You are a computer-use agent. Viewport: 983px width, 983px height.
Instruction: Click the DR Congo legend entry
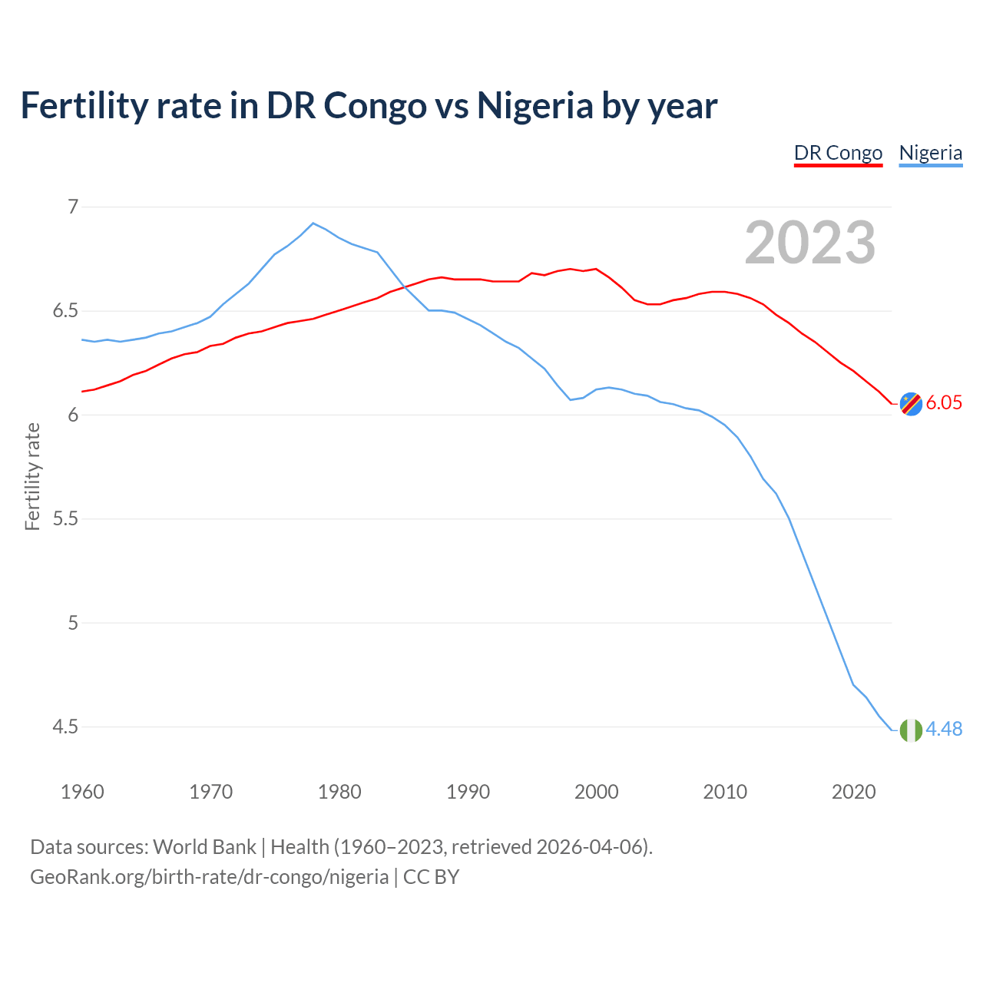click(838, 153)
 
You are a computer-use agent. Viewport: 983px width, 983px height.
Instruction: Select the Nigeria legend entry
click(930, 153)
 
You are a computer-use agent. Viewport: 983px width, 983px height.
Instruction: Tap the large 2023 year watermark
click(809, 243)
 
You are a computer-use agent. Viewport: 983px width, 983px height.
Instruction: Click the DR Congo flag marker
click(911, 403)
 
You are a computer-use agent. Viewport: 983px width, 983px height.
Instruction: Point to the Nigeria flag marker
click(911, 730)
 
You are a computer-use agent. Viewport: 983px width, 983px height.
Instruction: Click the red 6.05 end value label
click(944, 403)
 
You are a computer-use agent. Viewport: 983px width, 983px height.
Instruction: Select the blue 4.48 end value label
click(944, 730)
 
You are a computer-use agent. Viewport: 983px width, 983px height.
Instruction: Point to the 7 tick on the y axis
click(73, 207)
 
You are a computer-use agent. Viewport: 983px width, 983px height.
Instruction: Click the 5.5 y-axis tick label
click(65, 518)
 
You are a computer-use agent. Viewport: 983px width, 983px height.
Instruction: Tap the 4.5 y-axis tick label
click(65, 726)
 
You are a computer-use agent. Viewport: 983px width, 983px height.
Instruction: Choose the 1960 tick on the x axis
click(82, 792)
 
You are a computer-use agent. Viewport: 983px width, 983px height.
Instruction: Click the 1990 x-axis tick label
click(468, 792)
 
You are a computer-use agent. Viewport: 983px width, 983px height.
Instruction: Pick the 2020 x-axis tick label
click(853, 792)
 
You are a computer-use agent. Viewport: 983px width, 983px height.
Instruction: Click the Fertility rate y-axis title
click(32, 476)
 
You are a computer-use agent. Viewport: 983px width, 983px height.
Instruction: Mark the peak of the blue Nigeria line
click(313, 223)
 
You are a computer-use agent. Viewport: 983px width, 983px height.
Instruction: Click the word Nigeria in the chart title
click(535, 105)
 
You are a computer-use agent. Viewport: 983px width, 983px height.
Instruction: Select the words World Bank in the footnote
click(204, 847)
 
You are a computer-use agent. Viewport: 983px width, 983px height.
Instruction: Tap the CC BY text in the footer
click(431, 877)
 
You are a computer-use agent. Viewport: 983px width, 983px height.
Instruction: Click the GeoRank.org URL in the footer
click(209, 877)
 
